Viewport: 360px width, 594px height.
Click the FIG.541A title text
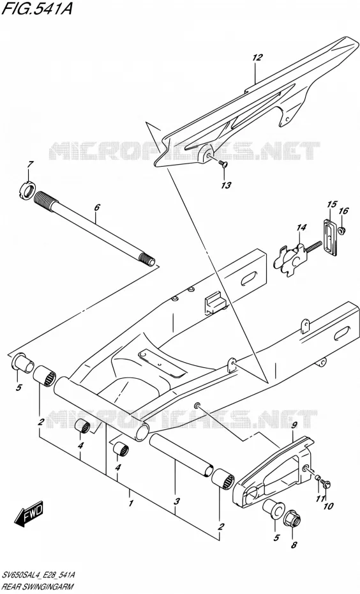[x=37, y=9]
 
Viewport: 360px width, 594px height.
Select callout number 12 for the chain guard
[x=257, y=57]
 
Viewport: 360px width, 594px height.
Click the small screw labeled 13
[x=223, y=163]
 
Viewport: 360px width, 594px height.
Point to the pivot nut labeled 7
[x=27, y=190]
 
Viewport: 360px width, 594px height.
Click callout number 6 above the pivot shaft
[x=97, y=207]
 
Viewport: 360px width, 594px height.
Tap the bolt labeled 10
[x=326, y=484]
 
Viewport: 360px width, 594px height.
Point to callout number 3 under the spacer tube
[x=176, y=501]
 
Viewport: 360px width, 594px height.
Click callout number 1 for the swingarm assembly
[x=130, y=503]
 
